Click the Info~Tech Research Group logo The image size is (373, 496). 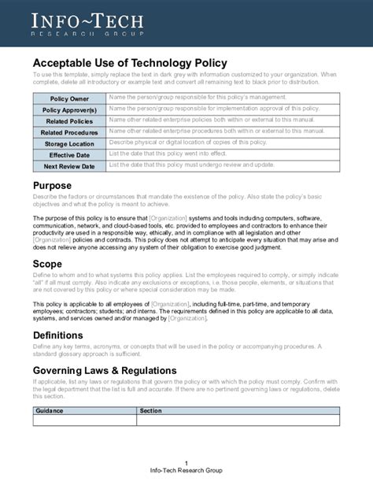87,24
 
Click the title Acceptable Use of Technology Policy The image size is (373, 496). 130,62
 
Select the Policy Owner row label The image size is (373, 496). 69,98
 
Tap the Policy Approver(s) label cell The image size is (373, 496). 69,110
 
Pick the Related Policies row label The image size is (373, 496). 69,121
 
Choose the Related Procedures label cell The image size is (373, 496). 69,132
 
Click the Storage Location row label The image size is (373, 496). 69,144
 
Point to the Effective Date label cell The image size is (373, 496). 69,155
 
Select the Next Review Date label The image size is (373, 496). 69,166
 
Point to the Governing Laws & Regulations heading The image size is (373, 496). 104,370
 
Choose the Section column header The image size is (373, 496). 150,410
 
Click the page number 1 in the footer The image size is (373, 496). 186,462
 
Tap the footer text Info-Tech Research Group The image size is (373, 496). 186,470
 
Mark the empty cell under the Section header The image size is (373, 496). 238,420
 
